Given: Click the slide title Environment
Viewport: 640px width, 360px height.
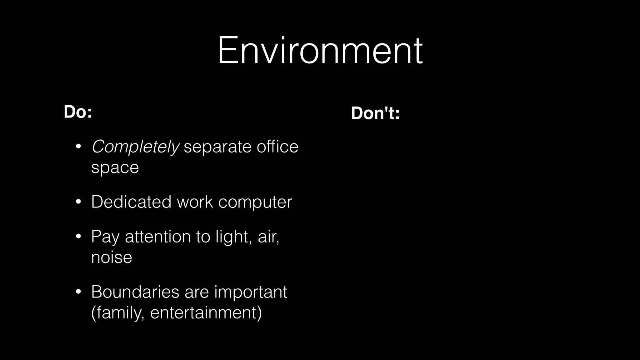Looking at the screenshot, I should (x=320, y=50).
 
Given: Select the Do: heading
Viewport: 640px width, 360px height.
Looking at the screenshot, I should (x=78, y=112).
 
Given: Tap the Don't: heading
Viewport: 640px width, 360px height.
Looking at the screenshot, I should (x=375, y=113).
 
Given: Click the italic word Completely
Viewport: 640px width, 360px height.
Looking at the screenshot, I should (x=135, y=147).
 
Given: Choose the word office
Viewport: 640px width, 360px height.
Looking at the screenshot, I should (x=277, y=146).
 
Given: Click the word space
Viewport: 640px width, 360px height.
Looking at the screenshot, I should (x=115, y=168).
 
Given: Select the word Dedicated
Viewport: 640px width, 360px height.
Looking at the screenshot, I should (x=131, y=202).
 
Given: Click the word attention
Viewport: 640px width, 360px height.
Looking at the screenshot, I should (x=158, y=237).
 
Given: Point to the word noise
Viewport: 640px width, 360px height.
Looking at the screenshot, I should (x=112, y=257).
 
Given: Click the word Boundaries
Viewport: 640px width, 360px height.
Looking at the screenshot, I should (x=135, y=292).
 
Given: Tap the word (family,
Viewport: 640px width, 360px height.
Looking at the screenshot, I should (x=118, y=312).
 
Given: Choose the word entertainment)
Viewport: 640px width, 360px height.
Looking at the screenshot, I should (x=206, y=312).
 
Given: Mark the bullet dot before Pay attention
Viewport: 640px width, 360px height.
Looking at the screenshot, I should (x=78, y=237).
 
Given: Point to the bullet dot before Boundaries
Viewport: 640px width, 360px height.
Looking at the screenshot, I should (x=78, y=292).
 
